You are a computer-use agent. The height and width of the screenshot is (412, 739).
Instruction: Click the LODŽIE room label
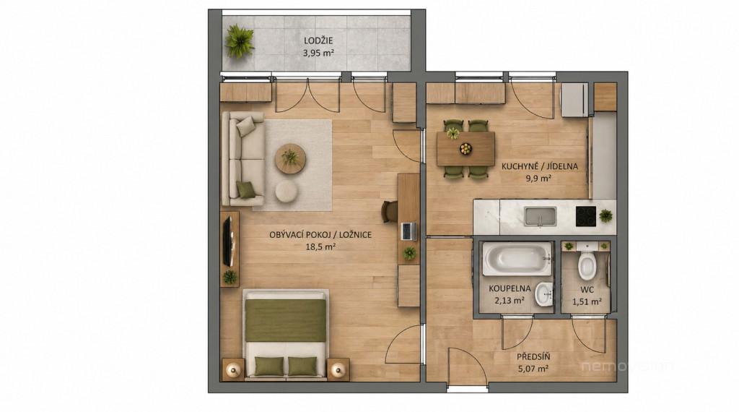[x=318, y=40]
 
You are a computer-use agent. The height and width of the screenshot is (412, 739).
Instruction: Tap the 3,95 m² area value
[x=318, y=53]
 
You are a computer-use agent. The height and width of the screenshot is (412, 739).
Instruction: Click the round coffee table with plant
[x=291, y=158]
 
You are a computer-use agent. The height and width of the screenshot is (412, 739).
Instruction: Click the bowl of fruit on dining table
[x=466, y=149]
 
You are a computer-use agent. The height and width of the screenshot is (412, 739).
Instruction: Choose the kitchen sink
[x=540, y=216]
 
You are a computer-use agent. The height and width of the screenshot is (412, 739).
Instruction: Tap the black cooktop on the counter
[x=585, y=215]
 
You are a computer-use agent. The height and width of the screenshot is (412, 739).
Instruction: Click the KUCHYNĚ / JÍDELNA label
[x=540, y=166]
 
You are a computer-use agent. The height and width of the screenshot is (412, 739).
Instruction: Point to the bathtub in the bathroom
[x=517, y=259]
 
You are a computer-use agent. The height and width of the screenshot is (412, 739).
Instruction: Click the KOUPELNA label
[x=510, y=288]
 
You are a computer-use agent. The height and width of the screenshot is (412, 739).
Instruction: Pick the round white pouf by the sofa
[x=287, y=190]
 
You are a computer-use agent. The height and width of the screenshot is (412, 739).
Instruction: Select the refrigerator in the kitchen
[x=574, y=100]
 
